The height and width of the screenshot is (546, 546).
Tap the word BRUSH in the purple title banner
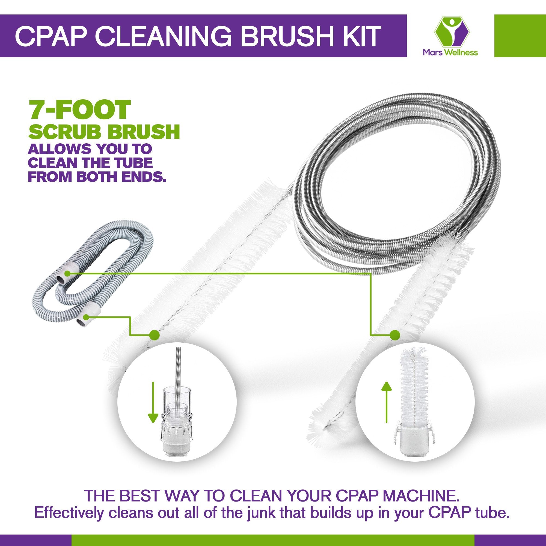284,37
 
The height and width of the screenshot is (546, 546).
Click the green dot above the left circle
154,335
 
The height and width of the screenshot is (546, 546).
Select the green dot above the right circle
395,335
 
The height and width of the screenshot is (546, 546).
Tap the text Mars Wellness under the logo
450,52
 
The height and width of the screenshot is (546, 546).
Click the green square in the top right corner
520,35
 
